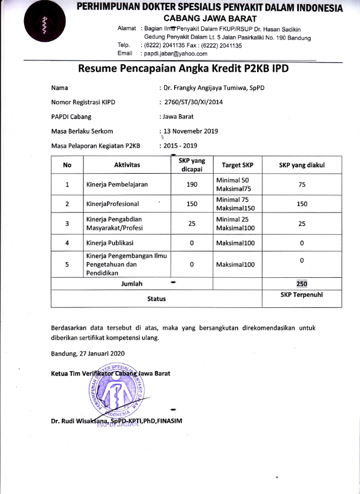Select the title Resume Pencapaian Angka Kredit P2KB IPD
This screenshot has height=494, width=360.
pyautogui.click(x=183, y=69)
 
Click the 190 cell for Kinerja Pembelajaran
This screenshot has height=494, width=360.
pyautogui.click(x=192, y=184)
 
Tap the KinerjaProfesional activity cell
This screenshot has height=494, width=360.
pyautogui.click(x=113, y=204)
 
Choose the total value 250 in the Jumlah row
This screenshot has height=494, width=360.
pyautogui.click(x=302, y=283)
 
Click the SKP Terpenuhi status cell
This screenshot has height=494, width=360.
pyautogui.click(x=302, y=294)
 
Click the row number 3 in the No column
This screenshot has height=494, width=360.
pyautogui.click(x=67, y=224)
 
